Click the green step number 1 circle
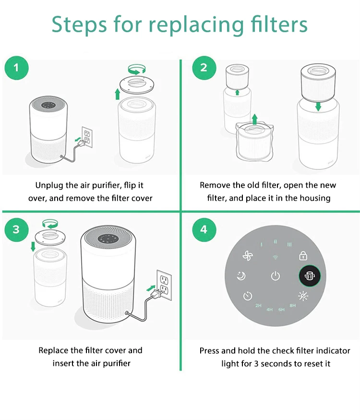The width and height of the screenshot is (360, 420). coord(16,68)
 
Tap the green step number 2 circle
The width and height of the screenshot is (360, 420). coord(204,68)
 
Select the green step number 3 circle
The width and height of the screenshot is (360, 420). coord(16,229)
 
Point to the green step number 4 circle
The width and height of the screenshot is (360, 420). coord(204,229)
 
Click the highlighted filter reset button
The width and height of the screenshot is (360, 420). coord(310,276)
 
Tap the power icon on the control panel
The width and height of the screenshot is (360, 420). coord(276,276)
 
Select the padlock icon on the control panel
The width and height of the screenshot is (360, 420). coord(303,256)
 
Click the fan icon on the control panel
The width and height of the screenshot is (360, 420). coord(248,256)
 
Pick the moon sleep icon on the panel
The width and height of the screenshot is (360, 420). coord(241,276)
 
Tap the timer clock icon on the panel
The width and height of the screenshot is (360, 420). coord(248,296)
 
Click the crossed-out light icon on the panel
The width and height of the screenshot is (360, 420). coord(303,296)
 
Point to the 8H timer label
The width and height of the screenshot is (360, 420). coord(292,305)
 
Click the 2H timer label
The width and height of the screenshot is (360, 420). coord(258,305)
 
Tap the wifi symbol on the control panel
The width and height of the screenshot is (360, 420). coord(275,258)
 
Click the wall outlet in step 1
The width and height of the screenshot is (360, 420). coord(87,137)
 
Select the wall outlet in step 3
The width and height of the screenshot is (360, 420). coord(164,285)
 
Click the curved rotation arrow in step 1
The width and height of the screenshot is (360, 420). coord(137,70)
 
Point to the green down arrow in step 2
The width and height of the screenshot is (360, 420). coord(318,106)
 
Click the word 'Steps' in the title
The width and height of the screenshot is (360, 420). coord(79,25)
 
